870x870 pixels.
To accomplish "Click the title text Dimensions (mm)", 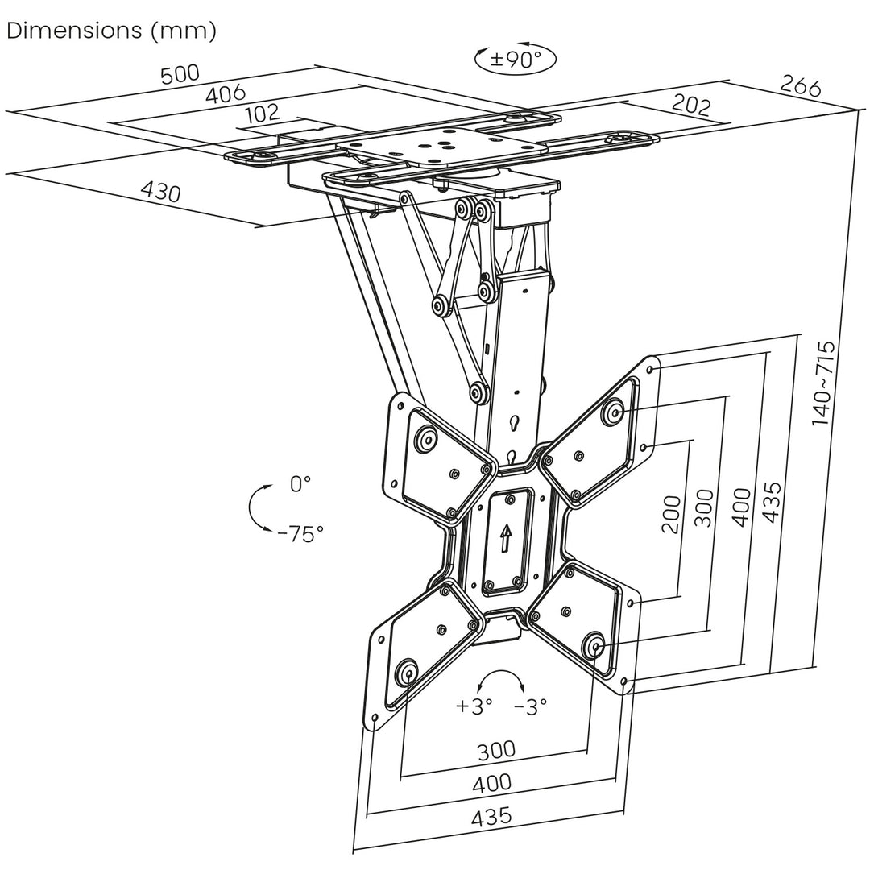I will click(x=112, y=31).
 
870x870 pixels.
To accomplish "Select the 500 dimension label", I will click(x=180, y=74).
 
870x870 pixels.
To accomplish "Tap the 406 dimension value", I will click(x=226, y=94).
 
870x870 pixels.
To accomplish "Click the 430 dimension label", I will click(x=161, y=192).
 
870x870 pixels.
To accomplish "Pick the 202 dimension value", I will click(x=690, y=105).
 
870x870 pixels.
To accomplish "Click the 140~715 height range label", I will click(x=823, y=383).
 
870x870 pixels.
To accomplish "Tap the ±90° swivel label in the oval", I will click(x=515, y=60).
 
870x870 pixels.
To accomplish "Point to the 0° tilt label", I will click(x=300, y=484).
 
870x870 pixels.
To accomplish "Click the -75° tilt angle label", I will click(x=300, y=533).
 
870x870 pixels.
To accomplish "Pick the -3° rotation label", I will click(x=530, y=706).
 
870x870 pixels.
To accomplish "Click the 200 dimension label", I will click(x=671, y=515).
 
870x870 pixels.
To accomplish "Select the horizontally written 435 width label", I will click(x=491, y=816).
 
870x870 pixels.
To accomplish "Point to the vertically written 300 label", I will click(x=703, y=507).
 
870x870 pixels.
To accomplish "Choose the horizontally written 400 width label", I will click(x=492, y=782).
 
